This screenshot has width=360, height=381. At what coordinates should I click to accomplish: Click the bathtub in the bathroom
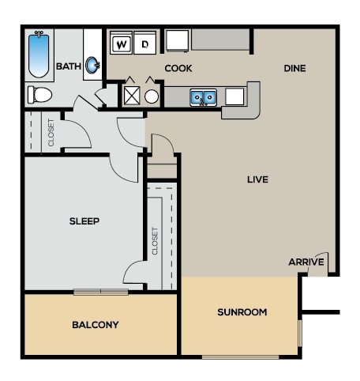point(39,55)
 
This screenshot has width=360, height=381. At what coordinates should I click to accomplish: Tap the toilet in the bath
point(39,95)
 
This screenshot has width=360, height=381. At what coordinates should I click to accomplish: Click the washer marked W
point(121,43)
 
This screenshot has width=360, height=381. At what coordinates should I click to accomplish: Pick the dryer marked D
point(144,43)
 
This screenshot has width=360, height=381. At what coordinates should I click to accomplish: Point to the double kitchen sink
point(203,97)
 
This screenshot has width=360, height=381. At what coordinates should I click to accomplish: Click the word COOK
point(178,69)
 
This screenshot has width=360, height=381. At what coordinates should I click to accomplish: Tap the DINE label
point(294,69)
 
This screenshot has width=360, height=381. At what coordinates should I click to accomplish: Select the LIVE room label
point(257,179)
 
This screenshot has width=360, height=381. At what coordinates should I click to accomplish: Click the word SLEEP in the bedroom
point(84,221)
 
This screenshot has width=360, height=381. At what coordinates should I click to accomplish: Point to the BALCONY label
point(96,325)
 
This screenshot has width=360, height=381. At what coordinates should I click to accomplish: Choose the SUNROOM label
point(242,312)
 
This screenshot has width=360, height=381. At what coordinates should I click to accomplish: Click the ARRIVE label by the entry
point(306,262)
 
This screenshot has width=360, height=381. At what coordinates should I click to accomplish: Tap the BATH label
point(69,66)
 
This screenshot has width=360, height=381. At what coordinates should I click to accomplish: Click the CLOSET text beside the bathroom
point(51,133)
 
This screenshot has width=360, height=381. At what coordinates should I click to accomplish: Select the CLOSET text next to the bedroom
point(155,241)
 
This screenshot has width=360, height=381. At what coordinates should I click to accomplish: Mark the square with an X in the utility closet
point(132,95)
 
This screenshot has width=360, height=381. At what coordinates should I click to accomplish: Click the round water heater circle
point(152,96)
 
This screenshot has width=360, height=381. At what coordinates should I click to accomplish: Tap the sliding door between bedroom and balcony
point(101,292)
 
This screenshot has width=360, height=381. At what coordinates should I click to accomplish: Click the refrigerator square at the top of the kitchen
point(178,41)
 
